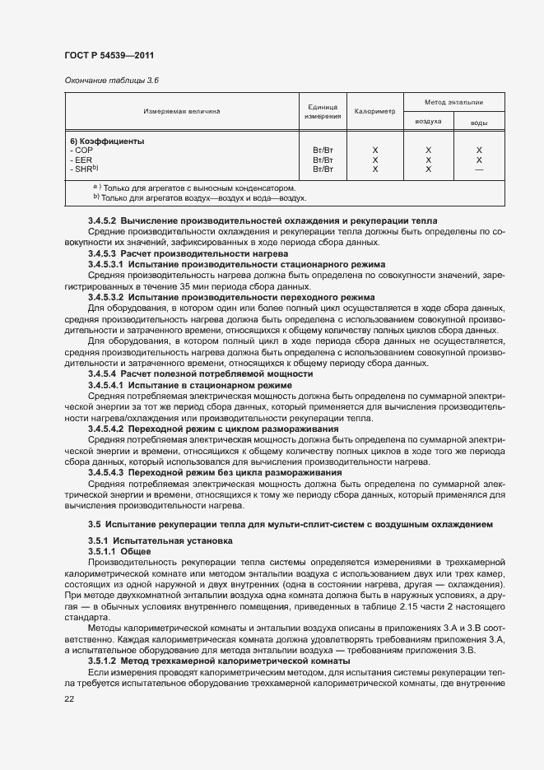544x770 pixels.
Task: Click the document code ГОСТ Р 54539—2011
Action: coord(110,55)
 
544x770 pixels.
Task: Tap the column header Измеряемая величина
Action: coord(182,110)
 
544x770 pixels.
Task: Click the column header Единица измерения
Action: coord(323,112)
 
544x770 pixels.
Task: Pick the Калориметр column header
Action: coord(374,110)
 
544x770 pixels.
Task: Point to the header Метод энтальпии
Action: coord(453,102)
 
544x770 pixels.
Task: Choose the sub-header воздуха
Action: coord(428,121)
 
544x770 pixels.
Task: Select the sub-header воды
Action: coord(478,122)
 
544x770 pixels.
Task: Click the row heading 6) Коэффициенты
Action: coord(107,141)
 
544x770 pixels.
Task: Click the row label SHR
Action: coord(85,169)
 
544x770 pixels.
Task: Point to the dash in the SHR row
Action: coord(478,169)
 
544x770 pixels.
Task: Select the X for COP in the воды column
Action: coord(478,151)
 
